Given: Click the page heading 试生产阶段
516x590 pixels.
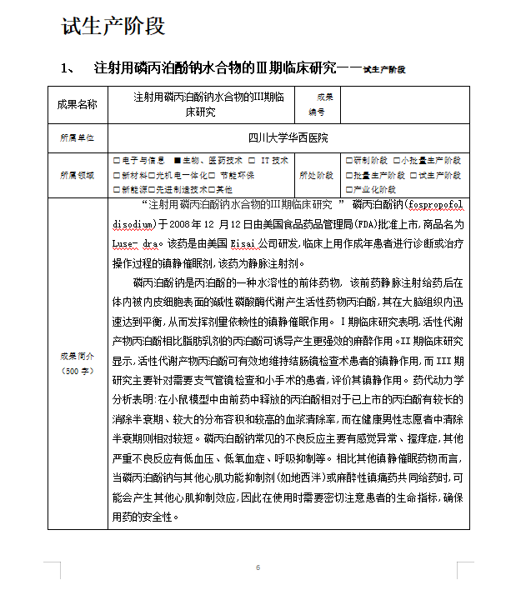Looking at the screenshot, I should [x=113, y=26].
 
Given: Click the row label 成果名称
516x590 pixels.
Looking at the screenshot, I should [x=77, y=104].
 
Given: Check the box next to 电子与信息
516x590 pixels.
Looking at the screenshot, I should [x=116, y=160].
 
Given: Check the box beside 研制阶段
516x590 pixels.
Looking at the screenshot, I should [x=348, y=160].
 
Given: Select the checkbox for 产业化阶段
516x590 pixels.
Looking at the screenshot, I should [x=348, y=190].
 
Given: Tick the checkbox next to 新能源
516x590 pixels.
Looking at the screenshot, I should [x=116, y=190].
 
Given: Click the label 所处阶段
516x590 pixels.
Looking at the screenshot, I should [x=316, y=175].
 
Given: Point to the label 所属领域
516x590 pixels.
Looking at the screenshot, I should [x=77, y=175].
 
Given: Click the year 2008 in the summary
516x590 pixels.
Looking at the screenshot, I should [x=180, y=224].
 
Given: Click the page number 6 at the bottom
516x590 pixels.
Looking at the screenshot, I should [x=258, y=568].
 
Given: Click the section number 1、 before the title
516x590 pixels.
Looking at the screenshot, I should [x=69, y=67].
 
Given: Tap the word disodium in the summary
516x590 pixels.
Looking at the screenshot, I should [x=133, y=224].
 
